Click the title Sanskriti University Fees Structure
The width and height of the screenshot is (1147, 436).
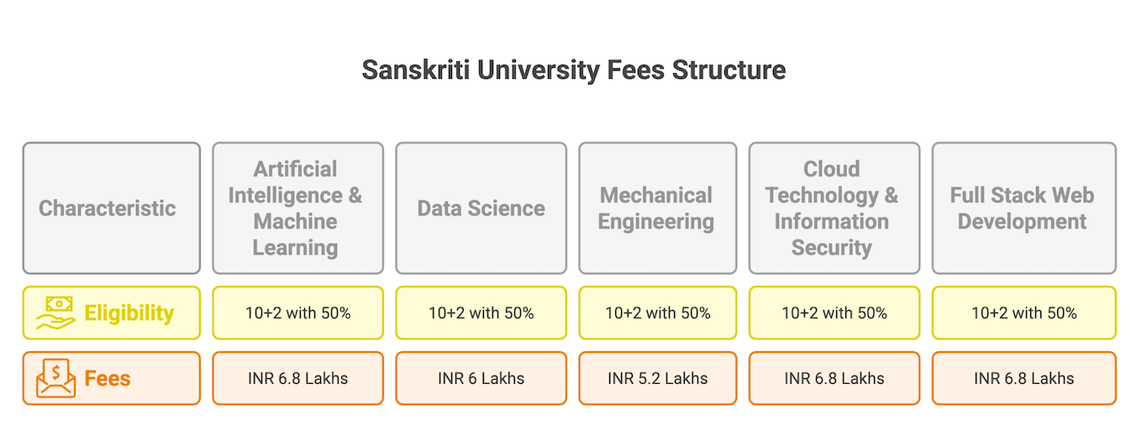pyautogui.click(x=573, y=70)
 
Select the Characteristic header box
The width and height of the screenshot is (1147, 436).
pyautogui.click(x=111, y=208)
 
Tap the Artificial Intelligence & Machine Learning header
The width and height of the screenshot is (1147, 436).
pyautogui.click(x=297, y=208)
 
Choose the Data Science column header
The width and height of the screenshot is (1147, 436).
pyautogui.click(x=481, y=208)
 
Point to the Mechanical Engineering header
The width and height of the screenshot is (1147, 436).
pyautogui.click(x=656, y=208)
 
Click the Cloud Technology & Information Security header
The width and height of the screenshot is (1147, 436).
pyautogui.click(x=831, y=208)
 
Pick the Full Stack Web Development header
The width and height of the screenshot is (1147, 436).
pyautogui.click(x=1023, y=208)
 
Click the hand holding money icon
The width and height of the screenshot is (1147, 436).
pyautogui.click(x=55, y=313)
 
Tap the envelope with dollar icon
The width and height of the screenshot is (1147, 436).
pyautogui.click(x=55, y=378)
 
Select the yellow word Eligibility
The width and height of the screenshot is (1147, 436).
pyautogui.click(x=129, y=313)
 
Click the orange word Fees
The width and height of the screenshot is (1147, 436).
pyautogui.click(x=108, y=378)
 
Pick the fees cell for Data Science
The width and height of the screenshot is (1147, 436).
pyautogui.click(x=481, y=378)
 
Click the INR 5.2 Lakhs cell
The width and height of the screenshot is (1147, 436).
pyautogui.click(x=657, y=378)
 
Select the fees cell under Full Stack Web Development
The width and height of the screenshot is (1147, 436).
pyautogui.click(x=1023, y=378)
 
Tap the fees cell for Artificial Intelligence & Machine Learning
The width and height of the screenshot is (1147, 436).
pyautogui.click(x=297, y=378)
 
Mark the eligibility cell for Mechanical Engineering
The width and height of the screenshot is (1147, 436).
pyautogui.click(x=657, y=313)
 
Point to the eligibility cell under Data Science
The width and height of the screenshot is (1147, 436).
pyautogui.click(x=481, y=313)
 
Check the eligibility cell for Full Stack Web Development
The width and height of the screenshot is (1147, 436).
pyautogui.click(x=1023, y=313)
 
